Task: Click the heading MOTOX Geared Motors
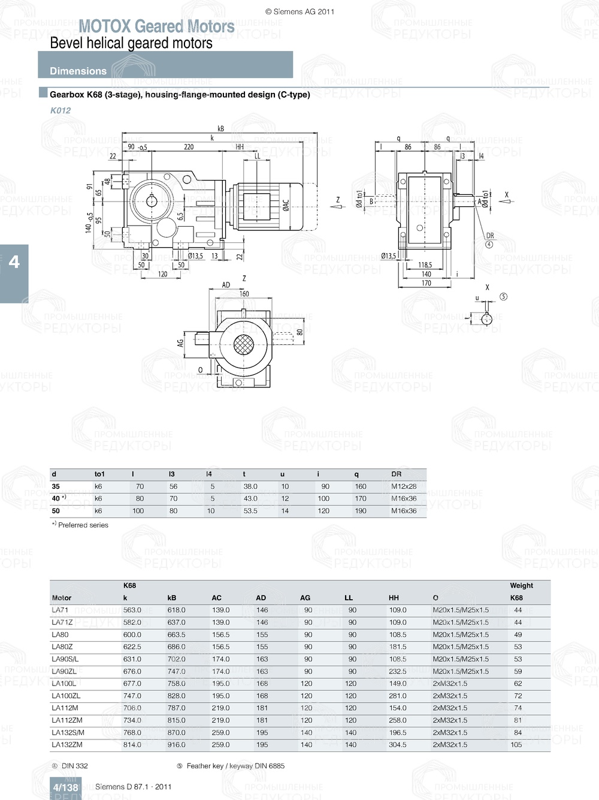pyautogui.click(x=156, y=26)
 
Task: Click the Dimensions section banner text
pyautogui.click(x=78, y=71)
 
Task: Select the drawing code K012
pyautogui.click(x=60, y=110)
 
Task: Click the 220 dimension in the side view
pyautogui.click(x=189, y=147)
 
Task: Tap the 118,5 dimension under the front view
pyautogui.click(x=425, y=265)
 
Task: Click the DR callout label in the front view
pyautogui.click(x=490, y=236)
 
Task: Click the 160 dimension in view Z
pyautogui.click(x=244, y=294)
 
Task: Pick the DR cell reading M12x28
pyautogui.click(x=404, y=486)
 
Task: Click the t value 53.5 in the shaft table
pyautogui.click(x=250, y=511)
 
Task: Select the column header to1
pyautogui.click(x=99, y=474)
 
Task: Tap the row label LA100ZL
pyautogui.click(x=66, y=696)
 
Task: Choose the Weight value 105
pyautogui.click(x=516, y=745)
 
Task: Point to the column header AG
pyautogui.click(x=305, y=598)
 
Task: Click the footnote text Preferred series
pyautogui.click(x=83, y=525)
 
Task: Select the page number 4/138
pyautogui.click(x=65, y=787)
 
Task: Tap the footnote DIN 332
pyautogui.click(x=74, y=766)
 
